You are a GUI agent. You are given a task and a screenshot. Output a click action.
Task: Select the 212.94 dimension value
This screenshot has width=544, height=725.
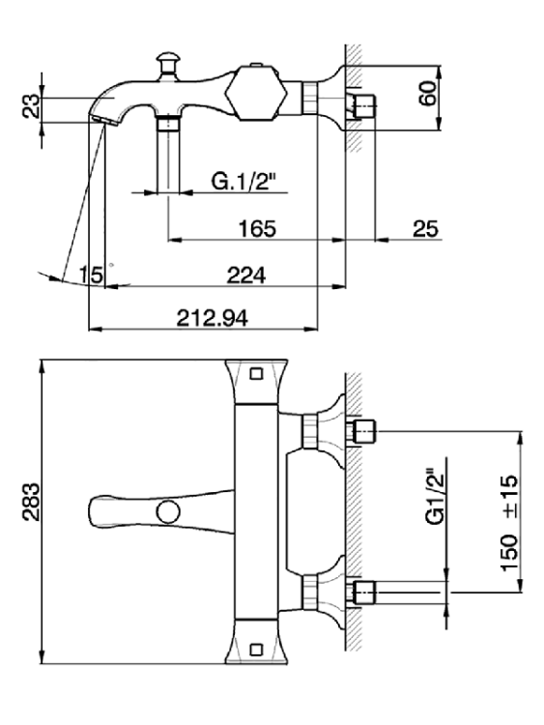click(213, 318)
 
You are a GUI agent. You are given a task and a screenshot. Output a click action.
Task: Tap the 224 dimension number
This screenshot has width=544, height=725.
click(246, 275)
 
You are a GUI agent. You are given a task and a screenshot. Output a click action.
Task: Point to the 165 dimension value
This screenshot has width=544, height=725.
click(257, 229)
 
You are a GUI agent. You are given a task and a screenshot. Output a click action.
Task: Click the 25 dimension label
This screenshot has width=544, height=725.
click(426, 229)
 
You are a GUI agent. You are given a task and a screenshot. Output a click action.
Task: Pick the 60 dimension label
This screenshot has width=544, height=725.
click(428, 93)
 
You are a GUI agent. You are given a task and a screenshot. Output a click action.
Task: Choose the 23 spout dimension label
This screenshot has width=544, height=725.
click(32, 106)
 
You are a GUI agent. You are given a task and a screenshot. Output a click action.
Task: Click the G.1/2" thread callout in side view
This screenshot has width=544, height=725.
click(243, 181)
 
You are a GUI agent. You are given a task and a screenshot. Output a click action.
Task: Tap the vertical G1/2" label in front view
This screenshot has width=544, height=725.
click(436, 498)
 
